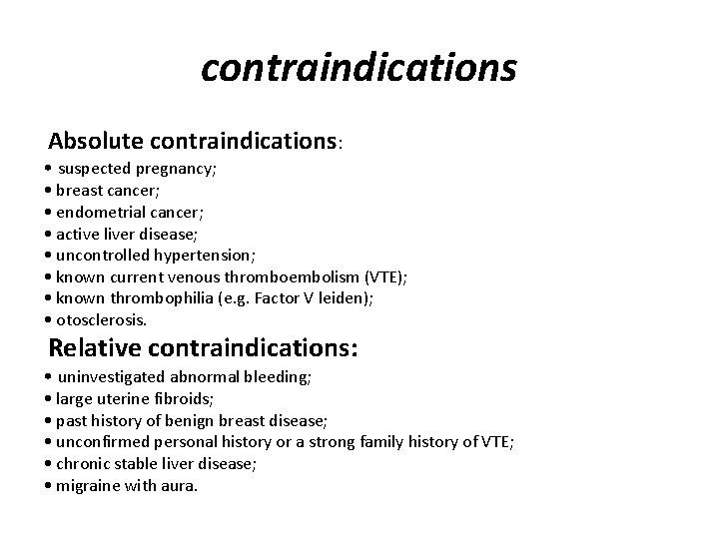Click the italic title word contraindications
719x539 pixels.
click(359, 69)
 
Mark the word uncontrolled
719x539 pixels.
click(103, 255)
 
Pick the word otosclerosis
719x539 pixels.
click(100, 320)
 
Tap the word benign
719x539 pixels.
click(193, 420)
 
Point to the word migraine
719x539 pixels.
click(89, 486)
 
